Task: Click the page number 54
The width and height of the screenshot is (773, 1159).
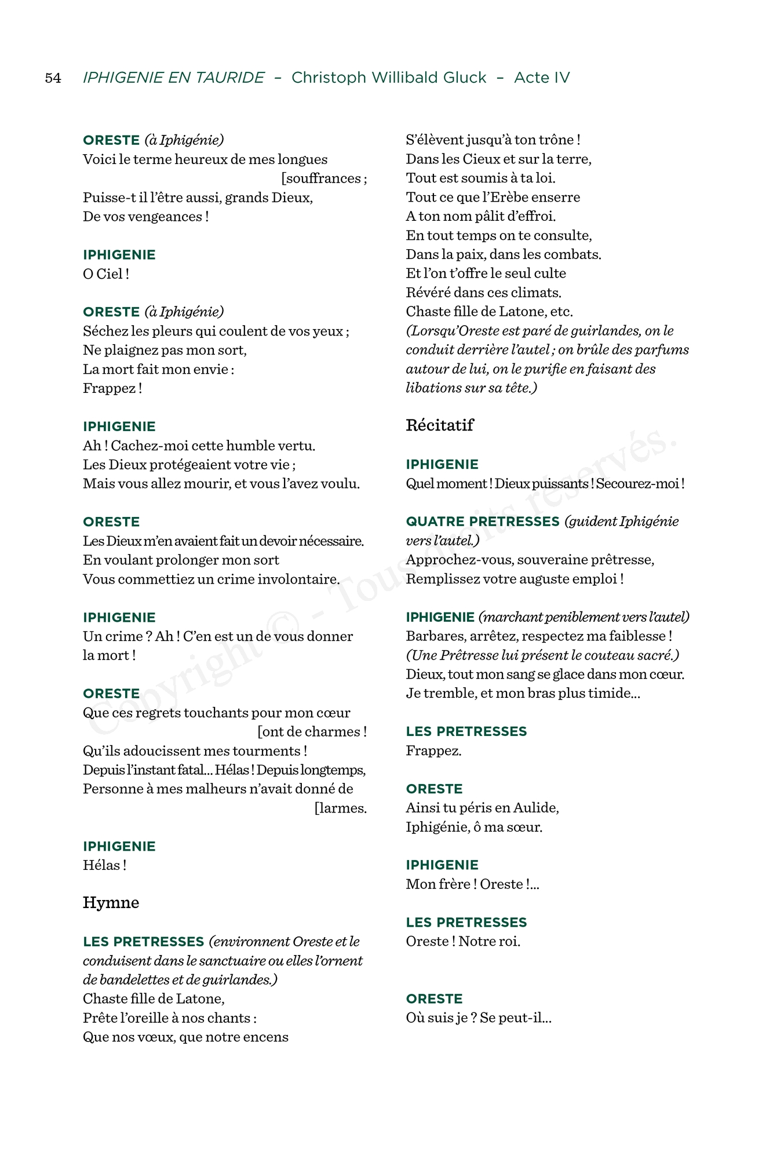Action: pyautogui.click(x=53, y=78)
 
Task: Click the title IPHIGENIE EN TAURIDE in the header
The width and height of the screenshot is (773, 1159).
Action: pyautogui.click(x=173, y=78)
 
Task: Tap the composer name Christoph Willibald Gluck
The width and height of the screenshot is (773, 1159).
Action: pyautogui.click(x=389, y=78)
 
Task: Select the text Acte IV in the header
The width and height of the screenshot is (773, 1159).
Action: pyautogui.click(x=542, y=78)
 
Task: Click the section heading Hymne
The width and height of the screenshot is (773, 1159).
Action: pyautogui.click(x=111, y=903)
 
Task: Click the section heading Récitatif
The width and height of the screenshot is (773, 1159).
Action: pyautogui.click(x=439, y=425)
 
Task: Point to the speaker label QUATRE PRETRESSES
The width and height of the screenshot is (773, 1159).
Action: pyautogui.click(x=482, y=522)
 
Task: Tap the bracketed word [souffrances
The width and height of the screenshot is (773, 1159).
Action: pyautogui.click(x=323, y=178)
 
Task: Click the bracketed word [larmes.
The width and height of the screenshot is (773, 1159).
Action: pyautogui.click(x=340, y=808)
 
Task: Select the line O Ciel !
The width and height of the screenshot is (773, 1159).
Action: pyautogui.click(x=105, y=274)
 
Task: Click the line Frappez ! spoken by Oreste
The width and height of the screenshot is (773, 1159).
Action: pyautogui.click(x=112, y=388)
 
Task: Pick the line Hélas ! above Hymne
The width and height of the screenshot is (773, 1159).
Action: pyautogui.click(x=104, y=865)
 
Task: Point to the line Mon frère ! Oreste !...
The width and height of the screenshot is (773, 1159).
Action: pyautogui.click(x=472, y=884)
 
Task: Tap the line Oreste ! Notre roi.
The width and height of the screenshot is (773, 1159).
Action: pyautogui.click(x=462, y=942)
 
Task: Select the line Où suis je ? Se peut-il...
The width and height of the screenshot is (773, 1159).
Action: pyautogui.click(x=478, y=1018)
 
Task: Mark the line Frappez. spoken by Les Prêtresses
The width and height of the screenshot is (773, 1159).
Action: pyautogui.click(x=433, y=751)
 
